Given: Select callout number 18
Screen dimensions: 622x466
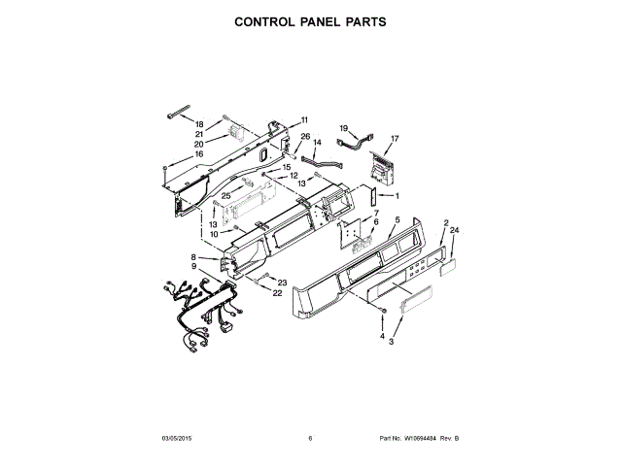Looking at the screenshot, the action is click(199, 125).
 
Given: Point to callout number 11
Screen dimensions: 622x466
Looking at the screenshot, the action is click(303, 119).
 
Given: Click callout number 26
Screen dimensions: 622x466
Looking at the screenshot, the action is click(304, 137).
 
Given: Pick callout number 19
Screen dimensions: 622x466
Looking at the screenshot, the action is click(343, 128).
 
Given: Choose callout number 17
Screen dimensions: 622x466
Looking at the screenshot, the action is click(395, 139).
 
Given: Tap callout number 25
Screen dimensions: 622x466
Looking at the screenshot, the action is click(225, 195).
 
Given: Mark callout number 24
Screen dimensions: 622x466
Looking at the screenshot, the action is click(453, 230).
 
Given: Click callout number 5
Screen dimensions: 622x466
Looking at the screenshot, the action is click(397, 220).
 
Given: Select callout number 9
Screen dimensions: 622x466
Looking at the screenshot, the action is click(194, 266).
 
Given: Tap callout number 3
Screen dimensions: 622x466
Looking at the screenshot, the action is click(391, 343).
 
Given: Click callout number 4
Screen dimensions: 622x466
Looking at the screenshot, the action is click(382, 335).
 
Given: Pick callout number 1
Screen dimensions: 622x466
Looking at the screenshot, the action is click(396, 196).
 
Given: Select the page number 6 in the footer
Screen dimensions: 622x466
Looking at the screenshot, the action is click(310, 438).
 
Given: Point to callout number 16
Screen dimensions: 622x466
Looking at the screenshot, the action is click(198, 153).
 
